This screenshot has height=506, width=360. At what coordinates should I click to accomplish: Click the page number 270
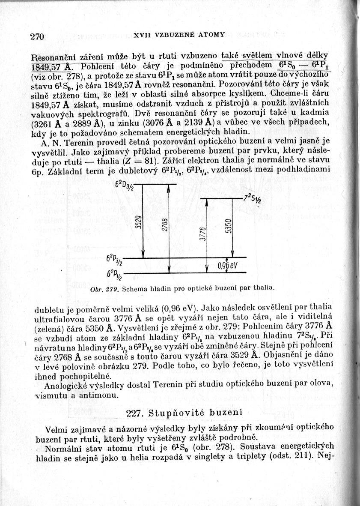(x=38, y=36)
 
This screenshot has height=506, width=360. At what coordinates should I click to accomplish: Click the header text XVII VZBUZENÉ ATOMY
(x=179, y=34)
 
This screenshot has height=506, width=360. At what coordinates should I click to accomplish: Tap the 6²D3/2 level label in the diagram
(x=125, y=187)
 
